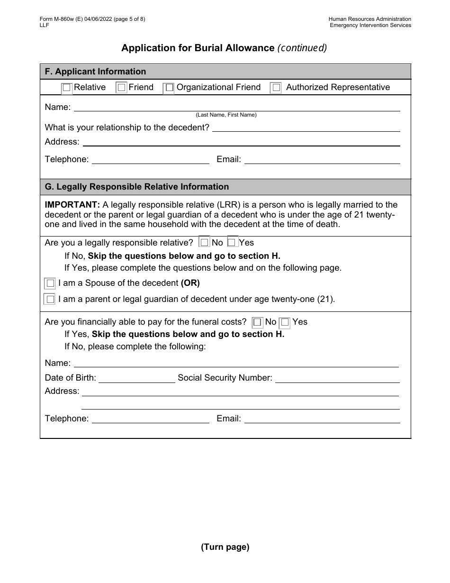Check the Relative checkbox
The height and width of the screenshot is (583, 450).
pos(67,88)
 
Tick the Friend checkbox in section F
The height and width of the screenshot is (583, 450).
pos(122,88)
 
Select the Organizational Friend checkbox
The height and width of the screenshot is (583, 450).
pos(169,88)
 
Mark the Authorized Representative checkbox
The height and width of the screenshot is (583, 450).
pos(276,88)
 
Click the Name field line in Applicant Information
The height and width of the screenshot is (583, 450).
pos(237,108)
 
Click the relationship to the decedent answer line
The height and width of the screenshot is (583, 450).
pos(306,128)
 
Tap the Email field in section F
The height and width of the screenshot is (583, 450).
pos(322,160)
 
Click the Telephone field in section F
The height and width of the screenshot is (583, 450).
pos(150,160)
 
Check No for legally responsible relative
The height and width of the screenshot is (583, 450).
pos(205,243)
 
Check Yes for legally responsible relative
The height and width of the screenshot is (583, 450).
pos(232,243)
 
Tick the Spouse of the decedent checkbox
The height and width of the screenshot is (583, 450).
pos(50,284)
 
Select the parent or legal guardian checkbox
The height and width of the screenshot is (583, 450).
pos(50,300)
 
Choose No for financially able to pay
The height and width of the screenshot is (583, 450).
pos(258,323)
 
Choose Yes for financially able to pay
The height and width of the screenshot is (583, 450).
pos(285,323)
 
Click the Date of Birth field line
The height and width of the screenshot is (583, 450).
pos(136,379)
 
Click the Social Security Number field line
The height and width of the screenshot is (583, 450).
pos(337,379)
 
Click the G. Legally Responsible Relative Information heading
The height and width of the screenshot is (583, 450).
pos(137,187)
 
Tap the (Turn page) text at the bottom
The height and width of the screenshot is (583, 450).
pos(225,547)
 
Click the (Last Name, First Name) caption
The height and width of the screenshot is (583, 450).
pos(226,115)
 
